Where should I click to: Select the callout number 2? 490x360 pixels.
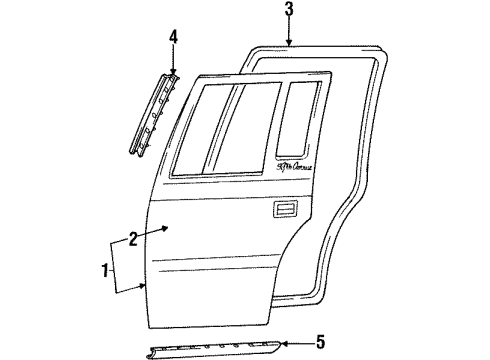[x=132, y=238]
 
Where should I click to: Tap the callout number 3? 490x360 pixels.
[x=288, y=11]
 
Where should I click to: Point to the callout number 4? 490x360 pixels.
[x=172, y=39]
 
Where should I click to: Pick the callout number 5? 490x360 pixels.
[x=320, y=342]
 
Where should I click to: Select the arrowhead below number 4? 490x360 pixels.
[x=172, y=73]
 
